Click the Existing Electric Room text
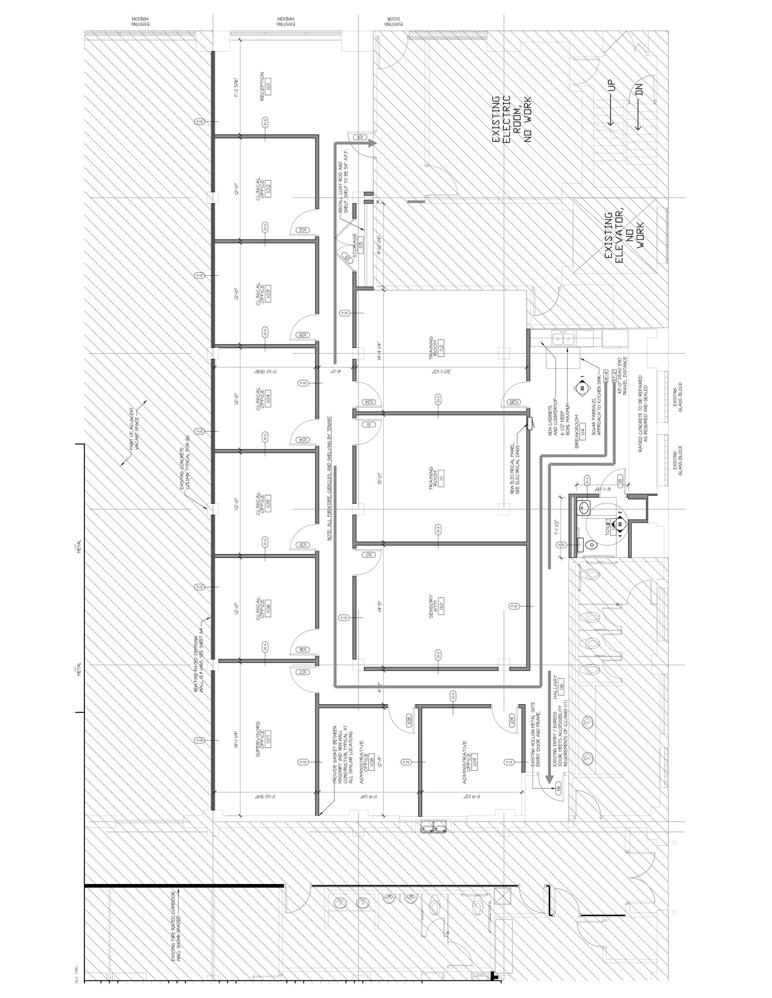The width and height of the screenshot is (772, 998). (511, 119)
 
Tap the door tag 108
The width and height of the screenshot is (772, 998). (409, 719)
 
